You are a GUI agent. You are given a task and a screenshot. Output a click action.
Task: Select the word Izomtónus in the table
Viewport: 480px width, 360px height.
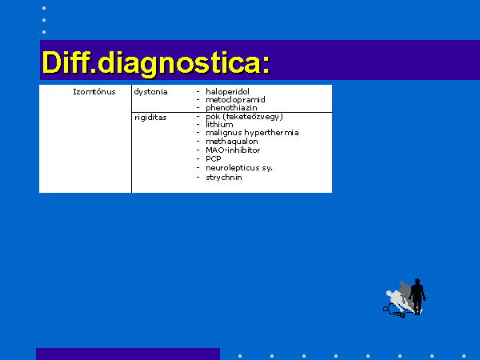point(94,92)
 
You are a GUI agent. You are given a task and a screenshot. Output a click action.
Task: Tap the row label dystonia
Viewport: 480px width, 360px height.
point(150,92)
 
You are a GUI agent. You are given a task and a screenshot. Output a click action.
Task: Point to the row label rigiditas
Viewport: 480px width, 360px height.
point(150,118)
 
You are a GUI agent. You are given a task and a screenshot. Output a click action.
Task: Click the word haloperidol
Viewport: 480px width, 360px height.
point(227,91)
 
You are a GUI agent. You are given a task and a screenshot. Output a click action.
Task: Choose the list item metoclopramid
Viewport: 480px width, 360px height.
point(235,100)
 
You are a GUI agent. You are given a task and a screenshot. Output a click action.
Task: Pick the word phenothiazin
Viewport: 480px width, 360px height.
point(231,108)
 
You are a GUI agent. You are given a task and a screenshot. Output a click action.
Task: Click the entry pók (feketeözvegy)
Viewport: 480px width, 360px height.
point(244,117)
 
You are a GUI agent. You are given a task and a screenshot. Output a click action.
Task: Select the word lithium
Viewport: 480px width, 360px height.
point(219,125)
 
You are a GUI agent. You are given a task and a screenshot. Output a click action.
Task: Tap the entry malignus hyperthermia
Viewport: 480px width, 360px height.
point(252,133)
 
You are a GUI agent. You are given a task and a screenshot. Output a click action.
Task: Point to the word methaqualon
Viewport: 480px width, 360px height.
point(232,142)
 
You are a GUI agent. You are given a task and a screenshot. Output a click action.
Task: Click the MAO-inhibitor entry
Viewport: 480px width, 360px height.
point(233,150)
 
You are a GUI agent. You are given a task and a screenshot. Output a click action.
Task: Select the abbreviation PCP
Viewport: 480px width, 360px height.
point(214,159)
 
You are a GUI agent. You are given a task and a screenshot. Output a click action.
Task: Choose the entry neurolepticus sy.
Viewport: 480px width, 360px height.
point(239,168)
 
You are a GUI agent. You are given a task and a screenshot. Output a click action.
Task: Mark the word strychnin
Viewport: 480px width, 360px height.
point(224,178)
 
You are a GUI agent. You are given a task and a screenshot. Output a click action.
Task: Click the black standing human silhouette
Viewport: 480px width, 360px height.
point(418,296)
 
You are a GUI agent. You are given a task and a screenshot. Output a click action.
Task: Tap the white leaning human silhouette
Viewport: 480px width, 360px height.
point(398,301)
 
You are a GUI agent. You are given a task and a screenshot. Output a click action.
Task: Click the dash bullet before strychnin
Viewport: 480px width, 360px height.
point(198,178)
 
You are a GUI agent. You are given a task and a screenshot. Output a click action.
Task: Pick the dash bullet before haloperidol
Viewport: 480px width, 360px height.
point(198,91)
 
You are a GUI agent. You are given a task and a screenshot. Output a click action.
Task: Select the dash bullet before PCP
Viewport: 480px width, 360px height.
point(198,159)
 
